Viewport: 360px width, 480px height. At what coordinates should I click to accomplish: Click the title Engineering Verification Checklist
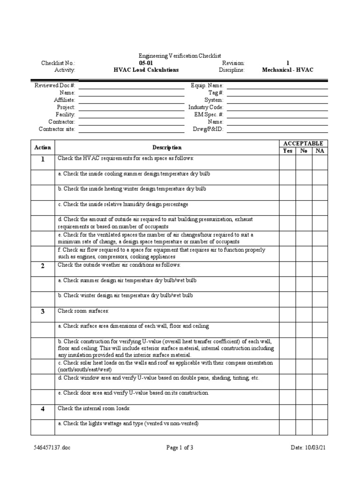(180, 56)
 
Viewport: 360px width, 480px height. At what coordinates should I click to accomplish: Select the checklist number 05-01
(146, 63)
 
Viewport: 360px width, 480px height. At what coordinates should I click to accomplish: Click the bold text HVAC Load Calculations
(146, 70)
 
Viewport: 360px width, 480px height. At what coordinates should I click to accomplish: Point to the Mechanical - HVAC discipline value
(288, 70)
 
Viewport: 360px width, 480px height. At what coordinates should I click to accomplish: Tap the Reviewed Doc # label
(55, 86)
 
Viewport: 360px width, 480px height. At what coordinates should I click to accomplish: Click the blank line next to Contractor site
(131, 129)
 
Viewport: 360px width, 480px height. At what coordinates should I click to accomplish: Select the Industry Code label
(206, 107)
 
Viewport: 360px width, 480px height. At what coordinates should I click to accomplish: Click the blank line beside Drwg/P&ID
(277, 129)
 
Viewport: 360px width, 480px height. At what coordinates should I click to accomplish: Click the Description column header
(167, 148)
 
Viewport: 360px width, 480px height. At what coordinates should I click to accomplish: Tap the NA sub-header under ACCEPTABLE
(319, 151)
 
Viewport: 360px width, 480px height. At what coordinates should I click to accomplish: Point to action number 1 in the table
(42, 159)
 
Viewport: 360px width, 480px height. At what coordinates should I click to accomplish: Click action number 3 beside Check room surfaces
(42, 312)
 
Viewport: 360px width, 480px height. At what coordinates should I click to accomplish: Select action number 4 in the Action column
(42, 409)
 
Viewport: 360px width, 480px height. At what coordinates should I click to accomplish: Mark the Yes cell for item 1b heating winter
(287, 193)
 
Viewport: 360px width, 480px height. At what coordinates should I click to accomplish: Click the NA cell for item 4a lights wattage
(319, 427)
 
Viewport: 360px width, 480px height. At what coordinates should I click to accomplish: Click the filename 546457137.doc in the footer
(52, 448)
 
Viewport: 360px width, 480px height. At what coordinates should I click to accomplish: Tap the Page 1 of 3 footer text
(180, 448)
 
